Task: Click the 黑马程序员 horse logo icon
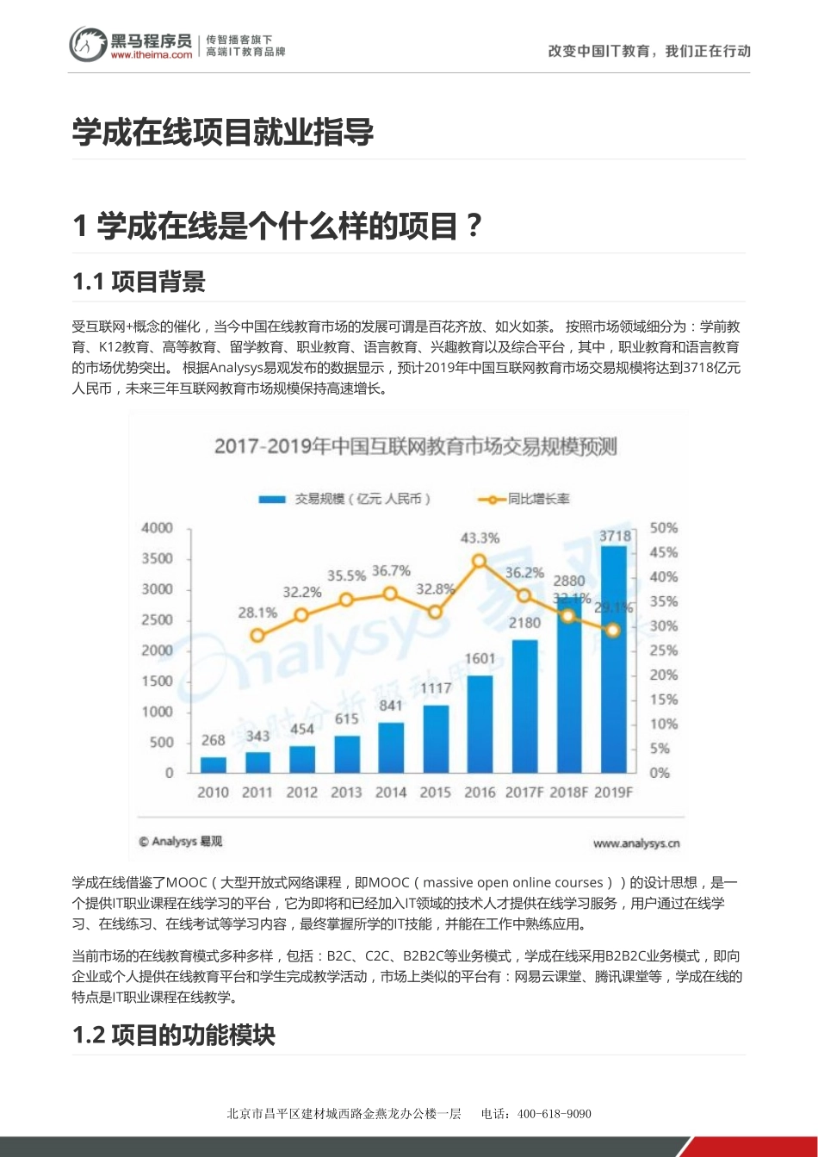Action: coord(88,44)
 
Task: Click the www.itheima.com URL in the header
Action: coord(152,54)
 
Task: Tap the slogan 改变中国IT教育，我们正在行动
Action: coord(649,51)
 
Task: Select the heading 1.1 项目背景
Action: coord(139,282)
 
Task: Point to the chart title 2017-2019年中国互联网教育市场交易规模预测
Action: coord(415,446)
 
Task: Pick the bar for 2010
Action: coord(213,764)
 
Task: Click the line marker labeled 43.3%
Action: coord(480,561)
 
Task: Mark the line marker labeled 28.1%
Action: coord(257,636)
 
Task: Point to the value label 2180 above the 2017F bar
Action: coord(525,622)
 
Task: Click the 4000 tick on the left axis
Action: coord(157,527)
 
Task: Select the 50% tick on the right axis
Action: coord(663,527)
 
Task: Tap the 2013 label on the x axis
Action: coord(346,793)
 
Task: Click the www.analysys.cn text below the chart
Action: coord(636,843)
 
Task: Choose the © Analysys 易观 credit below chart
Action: coord(181,842)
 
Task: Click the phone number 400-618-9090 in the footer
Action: coord(555,1113)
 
